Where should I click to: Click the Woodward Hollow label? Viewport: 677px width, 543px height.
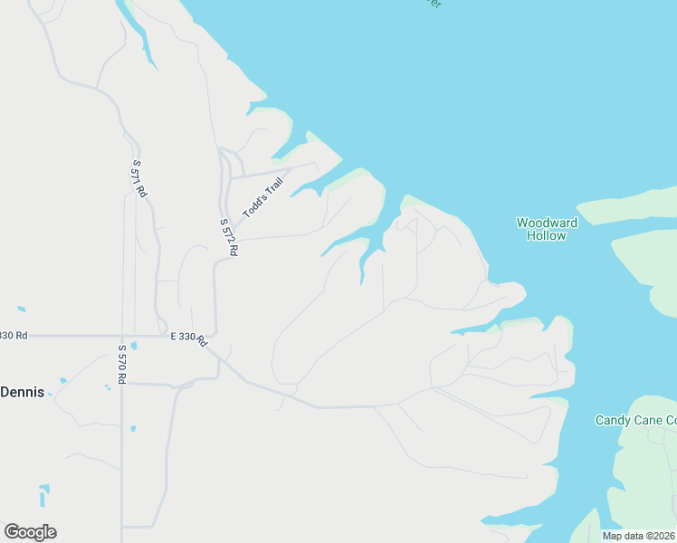point(547,229)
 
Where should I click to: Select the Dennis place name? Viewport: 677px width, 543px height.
point(23,392)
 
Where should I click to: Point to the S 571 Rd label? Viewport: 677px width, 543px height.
point(138,179)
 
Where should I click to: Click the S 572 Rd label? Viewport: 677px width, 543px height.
point(228,237)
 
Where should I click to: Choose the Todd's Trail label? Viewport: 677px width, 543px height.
point(263,198)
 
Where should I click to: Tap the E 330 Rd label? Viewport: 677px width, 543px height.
point(189,338)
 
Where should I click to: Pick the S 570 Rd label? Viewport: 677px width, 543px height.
point(122,364)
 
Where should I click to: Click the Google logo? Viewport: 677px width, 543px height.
point(30,532)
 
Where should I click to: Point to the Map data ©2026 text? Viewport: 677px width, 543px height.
point(638,536)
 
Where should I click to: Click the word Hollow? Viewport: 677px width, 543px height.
point(547,235)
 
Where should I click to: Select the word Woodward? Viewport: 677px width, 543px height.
point(547,223)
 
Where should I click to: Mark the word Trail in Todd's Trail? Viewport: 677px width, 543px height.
point(273,187)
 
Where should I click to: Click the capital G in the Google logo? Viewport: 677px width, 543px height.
point(12,532)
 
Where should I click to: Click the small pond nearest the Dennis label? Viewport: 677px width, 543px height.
point(62,380)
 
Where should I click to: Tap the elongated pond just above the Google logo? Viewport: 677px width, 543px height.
point(43,496)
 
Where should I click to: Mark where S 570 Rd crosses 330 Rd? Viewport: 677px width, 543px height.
point(122,336)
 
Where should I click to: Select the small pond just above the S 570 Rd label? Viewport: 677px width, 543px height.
point(133,346)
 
